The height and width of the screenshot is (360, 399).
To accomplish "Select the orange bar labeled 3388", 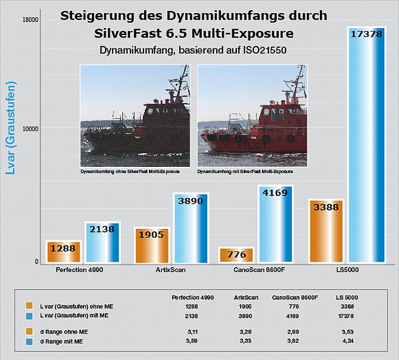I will pos(326,232).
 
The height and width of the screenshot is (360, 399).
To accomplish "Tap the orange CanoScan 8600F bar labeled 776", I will pos(236,256).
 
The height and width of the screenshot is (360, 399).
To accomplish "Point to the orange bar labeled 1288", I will pos(64,252).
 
